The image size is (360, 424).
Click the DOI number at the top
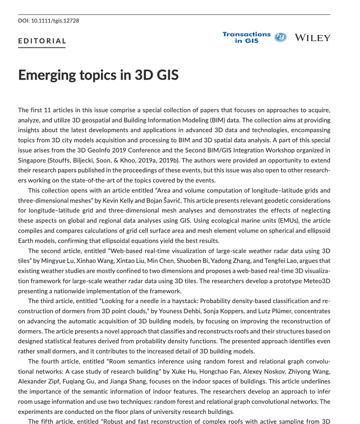pyautogui.click(x=48, y=20)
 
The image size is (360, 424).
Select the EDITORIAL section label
pyautogui.click(x=42, y=41)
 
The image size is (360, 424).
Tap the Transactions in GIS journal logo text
pyautogui.click(x=246, y=37)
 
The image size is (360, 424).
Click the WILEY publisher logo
pyautogui.click(x=312, y=38)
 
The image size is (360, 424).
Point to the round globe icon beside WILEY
pyautogui.click(x=280, y=37)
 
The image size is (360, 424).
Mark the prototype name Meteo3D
pyautogui.click(x=313, y=281)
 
